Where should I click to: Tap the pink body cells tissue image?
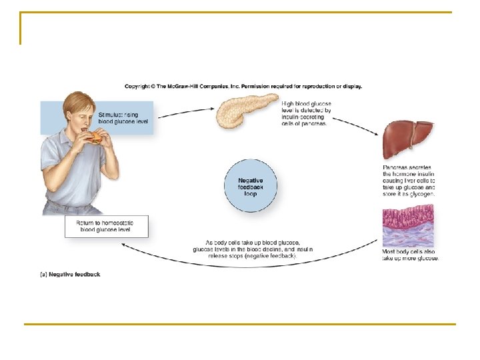407,227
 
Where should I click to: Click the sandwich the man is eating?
97,137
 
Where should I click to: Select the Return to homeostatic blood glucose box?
106,226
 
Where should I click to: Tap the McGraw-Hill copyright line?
243,86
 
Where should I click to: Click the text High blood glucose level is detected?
306,114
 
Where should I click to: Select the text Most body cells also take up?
410,255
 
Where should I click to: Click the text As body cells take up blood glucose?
252,249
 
